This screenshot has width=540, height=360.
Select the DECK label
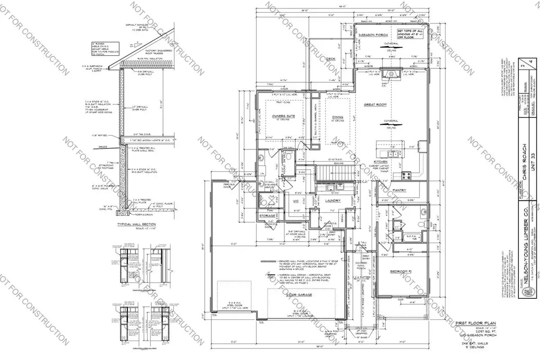(x=331, y=58)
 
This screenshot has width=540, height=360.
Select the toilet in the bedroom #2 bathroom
(x=421, y=224)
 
